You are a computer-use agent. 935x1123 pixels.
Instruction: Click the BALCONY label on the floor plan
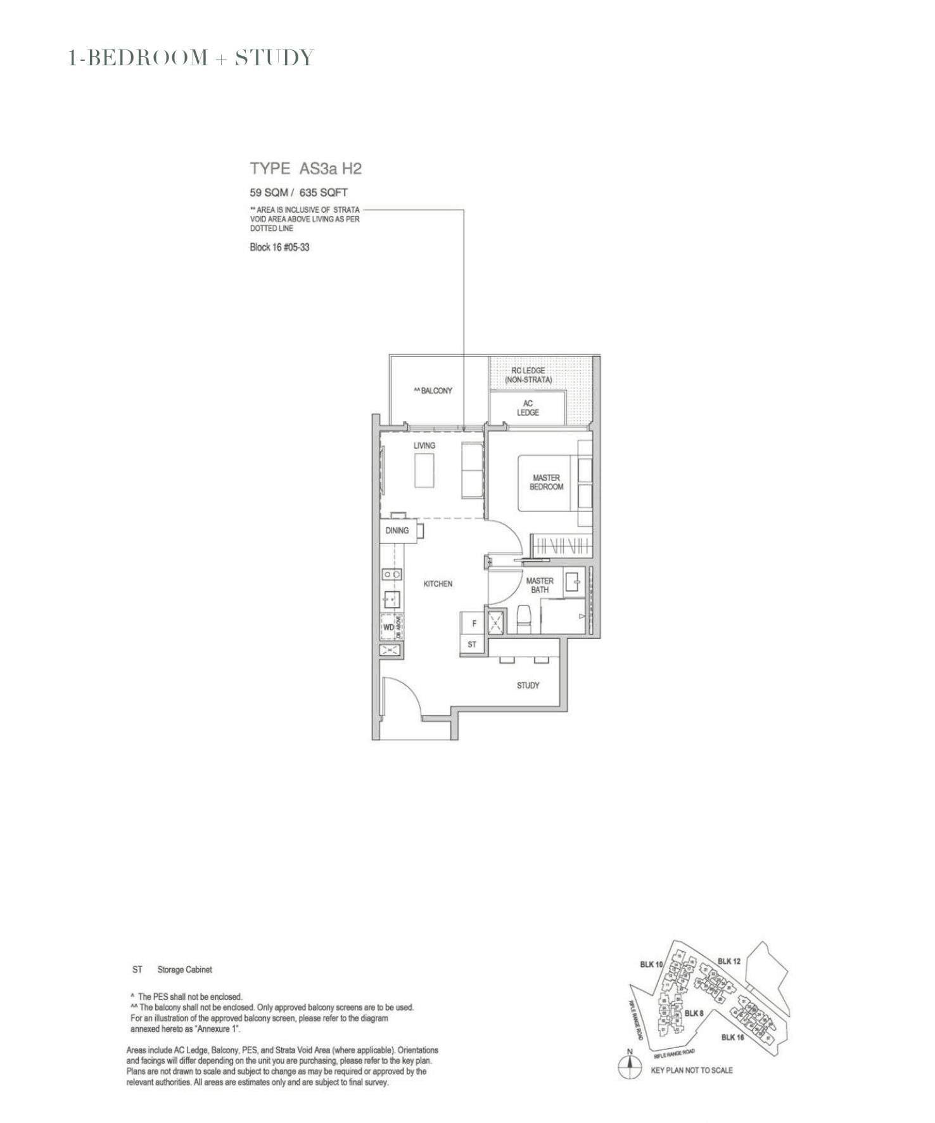[434, 391]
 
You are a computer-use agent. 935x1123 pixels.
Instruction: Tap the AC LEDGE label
[527, 407]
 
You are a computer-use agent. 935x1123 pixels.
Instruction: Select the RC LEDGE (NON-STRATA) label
[528, 375]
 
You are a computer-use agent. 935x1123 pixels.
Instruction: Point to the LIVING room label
[424, 446]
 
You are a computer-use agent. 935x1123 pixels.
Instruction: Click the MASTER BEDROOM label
[546, 482]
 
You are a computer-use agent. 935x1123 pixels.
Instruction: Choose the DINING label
[397, 530]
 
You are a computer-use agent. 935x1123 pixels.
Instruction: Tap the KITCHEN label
[438, 584]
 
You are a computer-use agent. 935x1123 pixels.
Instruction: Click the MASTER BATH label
[540, 585]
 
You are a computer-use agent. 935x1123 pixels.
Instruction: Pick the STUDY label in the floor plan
[528, 685]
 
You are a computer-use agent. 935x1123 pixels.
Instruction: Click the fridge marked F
[473, 624]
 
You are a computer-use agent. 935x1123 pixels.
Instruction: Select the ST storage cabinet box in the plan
[472, 645]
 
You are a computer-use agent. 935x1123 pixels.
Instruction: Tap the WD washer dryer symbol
[388, 627]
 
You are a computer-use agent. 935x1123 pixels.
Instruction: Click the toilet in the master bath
[524, 619]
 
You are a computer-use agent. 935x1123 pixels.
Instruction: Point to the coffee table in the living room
[424, 470]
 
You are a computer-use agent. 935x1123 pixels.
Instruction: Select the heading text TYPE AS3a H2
[305, 169]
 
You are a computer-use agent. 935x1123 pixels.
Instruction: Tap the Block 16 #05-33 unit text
[279, 247]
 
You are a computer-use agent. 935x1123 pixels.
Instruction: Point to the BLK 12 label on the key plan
[729, 961]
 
